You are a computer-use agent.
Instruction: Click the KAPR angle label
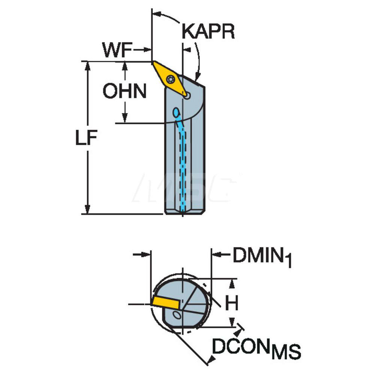coord(208,31)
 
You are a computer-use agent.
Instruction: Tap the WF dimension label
coord(117,50)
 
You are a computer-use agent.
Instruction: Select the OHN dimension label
coord(124,91)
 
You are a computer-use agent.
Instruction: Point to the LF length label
coord(86,138)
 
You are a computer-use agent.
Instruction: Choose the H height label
coord(232,303)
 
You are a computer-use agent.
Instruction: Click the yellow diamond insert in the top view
coord(170,79)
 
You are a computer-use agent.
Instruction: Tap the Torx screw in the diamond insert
coord(171,79)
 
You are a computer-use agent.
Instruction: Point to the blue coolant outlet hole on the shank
coord(176,112)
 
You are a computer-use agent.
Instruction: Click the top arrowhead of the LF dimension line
coord(88,66)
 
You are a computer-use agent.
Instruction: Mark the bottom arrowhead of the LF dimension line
coord(88,209)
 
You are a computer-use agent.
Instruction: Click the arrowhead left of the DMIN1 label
coord(217,255)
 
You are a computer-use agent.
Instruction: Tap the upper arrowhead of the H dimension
coord(232,283)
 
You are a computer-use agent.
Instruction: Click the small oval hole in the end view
coord(177,315)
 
